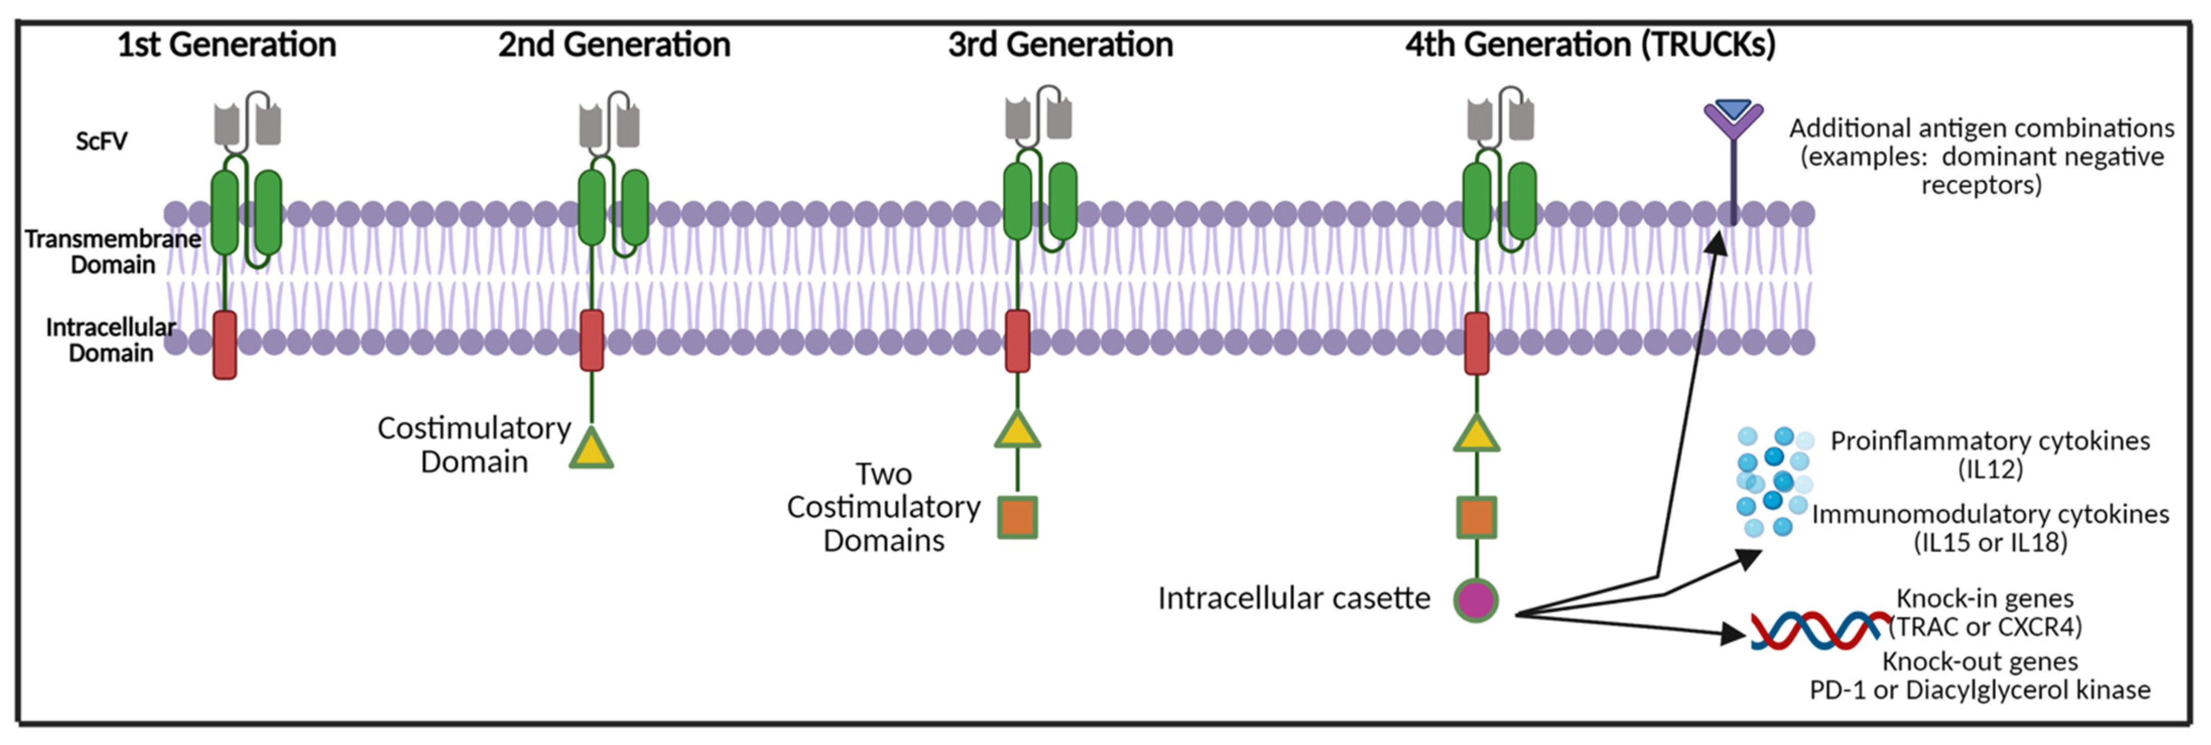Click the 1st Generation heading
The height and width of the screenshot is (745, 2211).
tap(227, 45)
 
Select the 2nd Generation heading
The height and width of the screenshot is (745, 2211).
tap(614, 45)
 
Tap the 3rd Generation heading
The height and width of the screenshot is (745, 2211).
tap(1061, 45)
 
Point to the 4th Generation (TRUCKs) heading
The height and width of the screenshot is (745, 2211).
tap(1591, 45)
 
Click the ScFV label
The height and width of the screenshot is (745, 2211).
tap(101, 141)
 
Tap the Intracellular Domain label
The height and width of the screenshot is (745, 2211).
tap(111, 340)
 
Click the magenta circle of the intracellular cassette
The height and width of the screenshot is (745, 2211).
tap(1476, 600)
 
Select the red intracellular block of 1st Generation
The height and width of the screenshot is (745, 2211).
tap(225, 345)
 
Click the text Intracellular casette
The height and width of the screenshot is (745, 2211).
tap(1294, 598)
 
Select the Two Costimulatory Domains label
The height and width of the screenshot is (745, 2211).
tap(884, 507)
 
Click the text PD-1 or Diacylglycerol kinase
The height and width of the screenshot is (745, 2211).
tap(1980, 690)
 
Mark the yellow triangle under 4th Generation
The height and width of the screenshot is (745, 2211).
tap(1476, 433)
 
